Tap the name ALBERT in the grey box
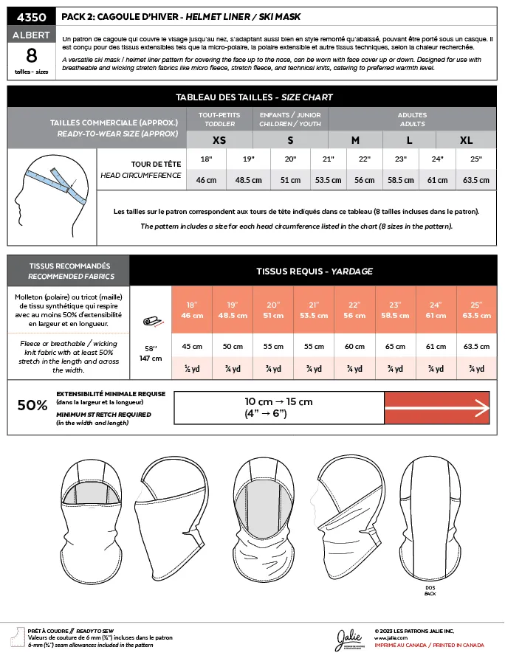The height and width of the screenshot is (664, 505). (31, 35)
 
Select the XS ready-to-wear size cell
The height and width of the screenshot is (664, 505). (219, 140)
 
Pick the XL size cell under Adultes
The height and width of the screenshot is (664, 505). (466, 140)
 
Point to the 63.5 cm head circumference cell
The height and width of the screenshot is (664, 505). (475, 179)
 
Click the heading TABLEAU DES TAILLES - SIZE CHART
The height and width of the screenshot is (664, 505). (253, 97)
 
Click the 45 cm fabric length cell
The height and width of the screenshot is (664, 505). (192, 346)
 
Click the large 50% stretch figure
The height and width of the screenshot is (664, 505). (32, 404)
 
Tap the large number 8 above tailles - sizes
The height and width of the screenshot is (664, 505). (31, 55)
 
